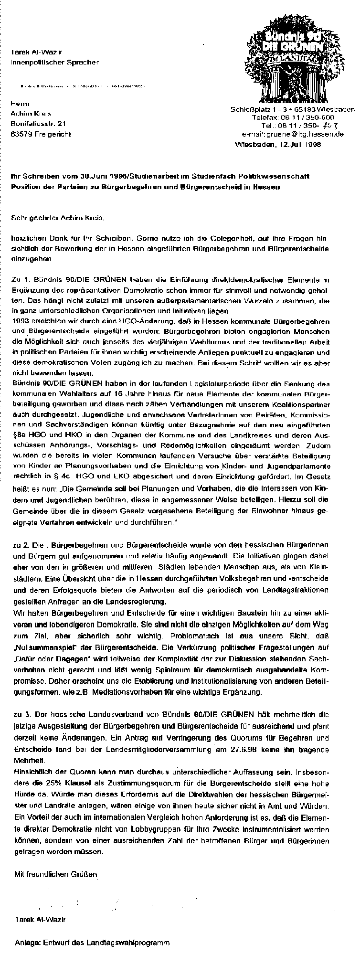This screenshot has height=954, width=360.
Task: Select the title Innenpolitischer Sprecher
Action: pos(55,62)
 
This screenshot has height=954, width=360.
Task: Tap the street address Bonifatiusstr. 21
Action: pos(38,124)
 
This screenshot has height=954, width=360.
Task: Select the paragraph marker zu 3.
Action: pos(19,715)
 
